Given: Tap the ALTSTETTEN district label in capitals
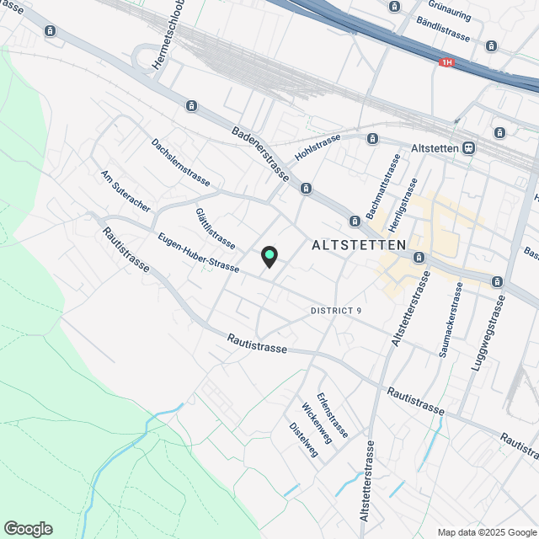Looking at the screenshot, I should tap(359, 245).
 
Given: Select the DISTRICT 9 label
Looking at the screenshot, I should tap(336, 311).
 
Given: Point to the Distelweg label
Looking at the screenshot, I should tap(304, 439).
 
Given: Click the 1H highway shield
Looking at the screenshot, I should tap(446, 62).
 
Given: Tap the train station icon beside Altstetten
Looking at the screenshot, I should tap(468, 147).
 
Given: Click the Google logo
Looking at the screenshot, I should tap(27, 529).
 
